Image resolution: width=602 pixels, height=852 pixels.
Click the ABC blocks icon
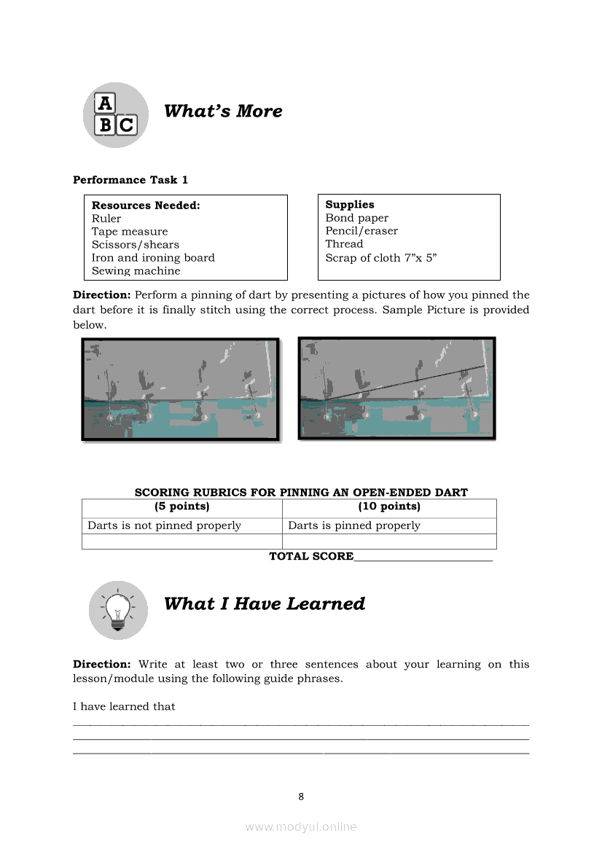point(116,114)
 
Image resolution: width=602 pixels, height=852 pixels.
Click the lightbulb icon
point(118,609)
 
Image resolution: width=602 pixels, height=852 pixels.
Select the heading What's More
point(223,111)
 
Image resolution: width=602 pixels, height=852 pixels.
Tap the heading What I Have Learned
point(264,603)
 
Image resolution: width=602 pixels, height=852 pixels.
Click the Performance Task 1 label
point(130,180)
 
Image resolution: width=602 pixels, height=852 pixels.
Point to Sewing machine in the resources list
point(136,271)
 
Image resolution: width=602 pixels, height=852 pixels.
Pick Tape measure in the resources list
point(130,232)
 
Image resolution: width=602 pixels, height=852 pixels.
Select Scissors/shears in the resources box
point(136,245)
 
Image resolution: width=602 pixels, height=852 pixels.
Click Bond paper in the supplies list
point(357,218)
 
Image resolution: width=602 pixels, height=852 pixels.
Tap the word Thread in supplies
point(344,244)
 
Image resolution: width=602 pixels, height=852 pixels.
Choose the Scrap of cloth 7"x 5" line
point(380,257)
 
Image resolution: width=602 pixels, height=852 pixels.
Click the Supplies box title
point(350,205)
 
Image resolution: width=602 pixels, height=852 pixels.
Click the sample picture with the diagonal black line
point(397,388)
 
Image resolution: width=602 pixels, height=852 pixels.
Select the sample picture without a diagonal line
point(180,389)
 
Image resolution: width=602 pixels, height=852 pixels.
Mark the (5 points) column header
point(181,507)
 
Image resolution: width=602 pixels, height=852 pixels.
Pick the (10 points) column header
point(389,507)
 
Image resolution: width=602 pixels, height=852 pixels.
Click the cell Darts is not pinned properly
point(164,525)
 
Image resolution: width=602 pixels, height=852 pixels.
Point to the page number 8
point(301,797)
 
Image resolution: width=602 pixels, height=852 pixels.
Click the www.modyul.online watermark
point(301,826)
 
